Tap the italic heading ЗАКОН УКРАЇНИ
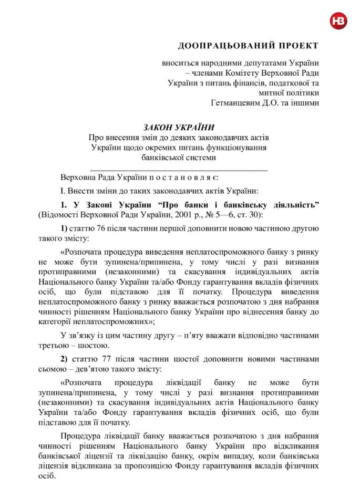click(x=179, y=127)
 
